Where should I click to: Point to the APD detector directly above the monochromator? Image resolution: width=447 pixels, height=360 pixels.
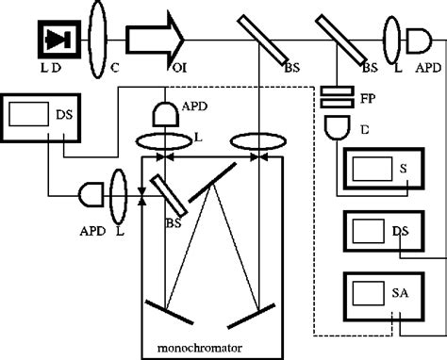[x=165, y=116]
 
